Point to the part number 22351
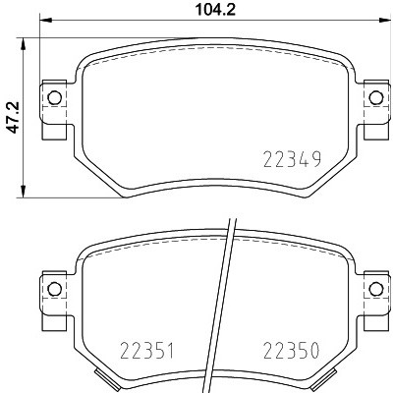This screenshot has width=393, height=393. click(x=145, y=351)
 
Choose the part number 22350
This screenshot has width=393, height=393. click(x=289, y=351)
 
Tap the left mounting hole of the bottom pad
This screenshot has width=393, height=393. click(x=54, y=289)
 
